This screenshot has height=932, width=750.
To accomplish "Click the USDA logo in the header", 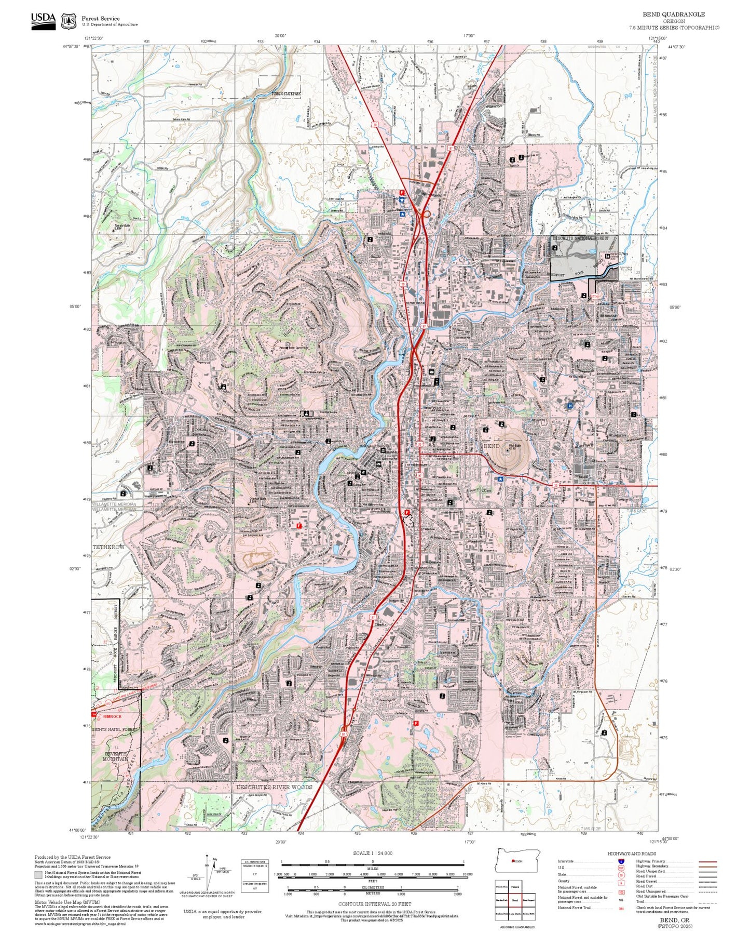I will (43, 21).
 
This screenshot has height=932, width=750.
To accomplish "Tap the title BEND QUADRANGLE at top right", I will (673, 15).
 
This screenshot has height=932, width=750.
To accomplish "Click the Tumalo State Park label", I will (286, 94).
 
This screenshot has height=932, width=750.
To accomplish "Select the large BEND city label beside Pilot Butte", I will (491, 446).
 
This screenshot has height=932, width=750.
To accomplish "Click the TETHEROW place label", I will (108, 547).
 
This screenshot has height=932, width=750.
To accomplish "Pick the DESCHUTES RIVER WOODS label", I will (274, 787).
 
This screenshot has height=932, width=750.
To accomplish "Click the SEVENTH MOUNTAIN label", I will (115, 756).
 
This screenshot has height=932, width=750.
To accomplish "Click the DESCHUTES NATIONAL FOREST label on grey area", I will (580, 238).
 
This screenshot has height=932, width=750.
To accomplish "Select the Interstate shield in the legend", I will (621, 861).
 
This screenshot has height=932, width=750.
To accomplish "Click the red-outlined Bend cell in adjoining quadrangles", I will (515, 900).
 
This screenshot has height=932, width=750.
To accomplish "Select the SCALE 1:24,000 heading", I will (372, 853).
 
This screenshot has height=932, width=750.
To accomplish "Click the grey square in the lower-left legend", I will (38, 875).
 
